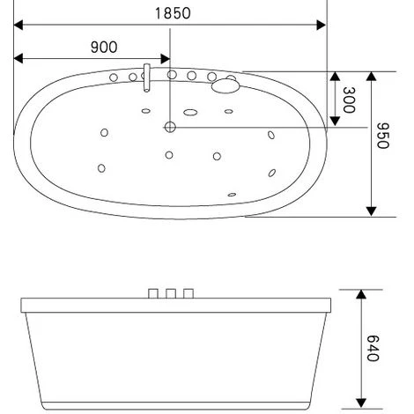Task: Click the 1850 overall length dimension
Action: [x=173, y=13]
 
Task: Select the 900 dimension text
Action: [x=103, y=47]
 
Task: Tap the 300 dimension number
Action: [x=350, y=99]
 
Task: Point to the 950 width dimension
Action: [x=381, y=136]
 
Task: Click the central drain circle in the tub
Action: [x=170, y=128]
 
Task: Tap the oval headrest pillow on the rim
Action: [x=227, y=84]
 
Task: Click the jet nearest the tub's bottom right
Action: [x=232, y=195]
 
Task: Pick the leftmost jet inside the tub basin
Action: [x=101, y=167]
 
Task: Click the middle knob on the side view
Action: [x=172, y=292]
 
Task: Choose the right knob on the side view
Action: [x=189, y=292]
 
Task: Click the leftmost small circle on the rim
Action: [x=114, y=78]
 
